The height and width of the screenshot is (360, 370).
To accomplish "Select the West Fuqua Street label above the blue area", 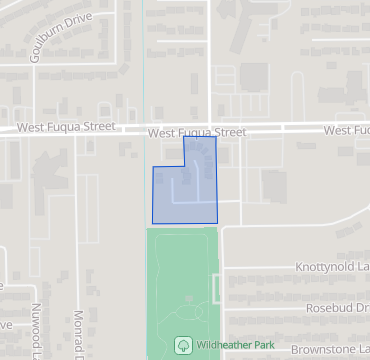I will [196, 131].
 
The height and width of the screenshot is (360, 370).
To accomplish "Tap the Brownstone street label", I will [330, 349].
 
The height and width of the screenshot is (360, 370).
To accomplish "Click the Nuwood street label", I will [37, 329].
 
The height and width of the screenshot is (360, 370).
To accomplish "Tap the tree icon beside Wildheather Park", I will [184, 344].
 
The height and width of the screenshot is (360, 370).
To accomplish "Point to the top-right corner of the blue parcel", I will [216, 137].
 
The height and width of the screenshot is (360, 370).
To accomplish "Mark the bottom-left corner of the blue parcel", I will [152, 223].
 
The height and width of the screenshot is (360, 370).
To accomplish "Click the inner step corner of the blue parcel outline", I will [185, 167].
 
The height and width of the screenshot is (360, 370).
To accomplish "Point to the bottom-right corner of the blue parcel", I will [217, 222].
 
